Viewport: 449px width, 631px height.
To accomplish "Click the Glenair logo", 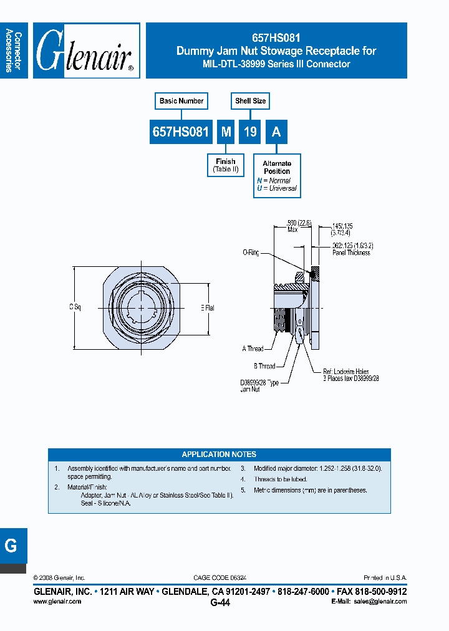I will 86,51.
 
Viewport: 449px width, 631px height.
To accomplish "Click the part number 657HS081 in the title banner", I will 276,37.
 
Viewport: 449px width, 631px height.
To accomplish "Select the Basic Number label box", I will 181,101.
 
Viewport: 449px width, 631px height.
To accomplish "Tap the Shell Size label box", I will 250,101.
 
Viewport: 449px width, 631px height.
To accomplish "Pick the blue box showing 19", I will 249,132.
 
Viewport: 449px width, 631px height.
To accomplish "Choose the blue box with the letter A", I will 276,132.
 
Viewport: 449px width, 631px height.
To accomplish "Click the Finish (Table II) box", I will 226,165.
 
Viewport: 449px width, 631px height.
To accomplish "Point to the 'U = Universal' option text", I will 276,188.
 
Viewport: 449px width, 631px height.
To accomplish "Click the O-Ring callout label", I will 251,253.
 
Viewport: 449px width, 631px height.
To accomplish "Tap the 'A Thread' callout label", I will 253,349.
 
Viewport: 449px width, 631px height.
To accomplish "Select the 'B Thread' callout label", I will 264,366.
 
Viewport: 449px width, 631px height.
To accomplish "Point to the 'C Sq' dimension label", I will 74,307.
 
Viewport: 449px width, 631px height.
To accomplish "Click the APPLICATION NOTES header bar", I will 219,455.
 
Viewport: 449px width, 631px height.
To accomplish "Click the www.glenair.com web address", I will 57,602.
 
